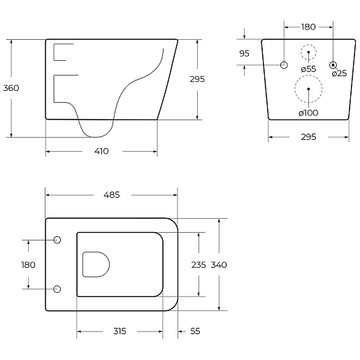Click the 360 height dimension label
pyautogui.click(x=11, y=88)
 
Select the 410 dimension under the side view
pyautogui.click(x=101, y=152)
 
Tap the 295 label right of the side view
pyautogui.click(x=197, y=79)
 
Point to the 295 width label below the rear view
pyautogui.click(x=308, y=137)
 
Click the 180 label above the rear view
pyautogui.click(x=308, y=27)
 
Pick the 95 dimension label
pyautogui.click(x=244, y=54)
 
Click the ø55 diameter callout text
pyautogui.click(x=308, y=69)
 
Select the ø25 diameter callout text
pyautogui.click(x=339, y=73)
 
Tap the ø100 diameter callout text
pyautogui.click(x=308, y=113)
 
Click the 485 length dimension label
pyautogui.click(x=112, y=195)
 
